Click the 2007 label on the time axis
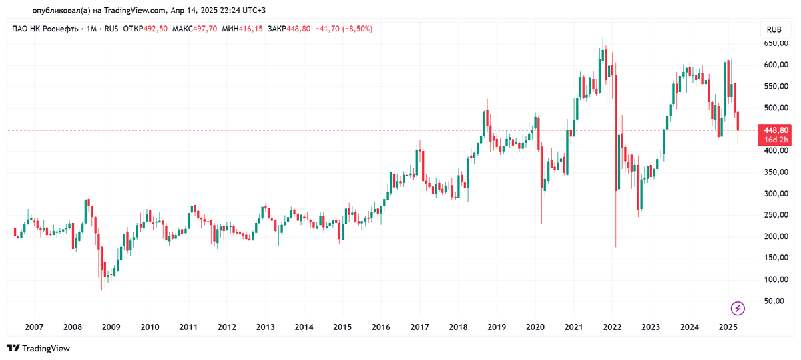click(x=34, y=327)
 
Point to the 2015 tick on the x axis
click(x=342, y=327)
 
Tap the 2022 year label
click(x=613, y=327)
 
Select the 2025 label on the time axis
click(x=728, y=327)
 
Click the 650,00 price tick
click(x=776, y=43)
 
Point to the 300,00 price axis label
click(x=776, y=194)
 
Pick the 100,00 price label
click(x=776, y=279)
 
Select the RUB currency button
click(x=774, y=30)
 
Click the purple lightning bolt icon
click(x=738, y=308)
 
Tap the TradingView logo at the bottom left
click(x=38, y=348)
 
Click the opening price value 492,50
click(x=155, y=29)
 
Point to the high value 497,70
click(x=204, y=29)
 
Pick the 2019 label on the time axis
click(x=497, y=327)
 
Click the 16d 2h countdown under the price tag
click(x=776, y=140)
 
